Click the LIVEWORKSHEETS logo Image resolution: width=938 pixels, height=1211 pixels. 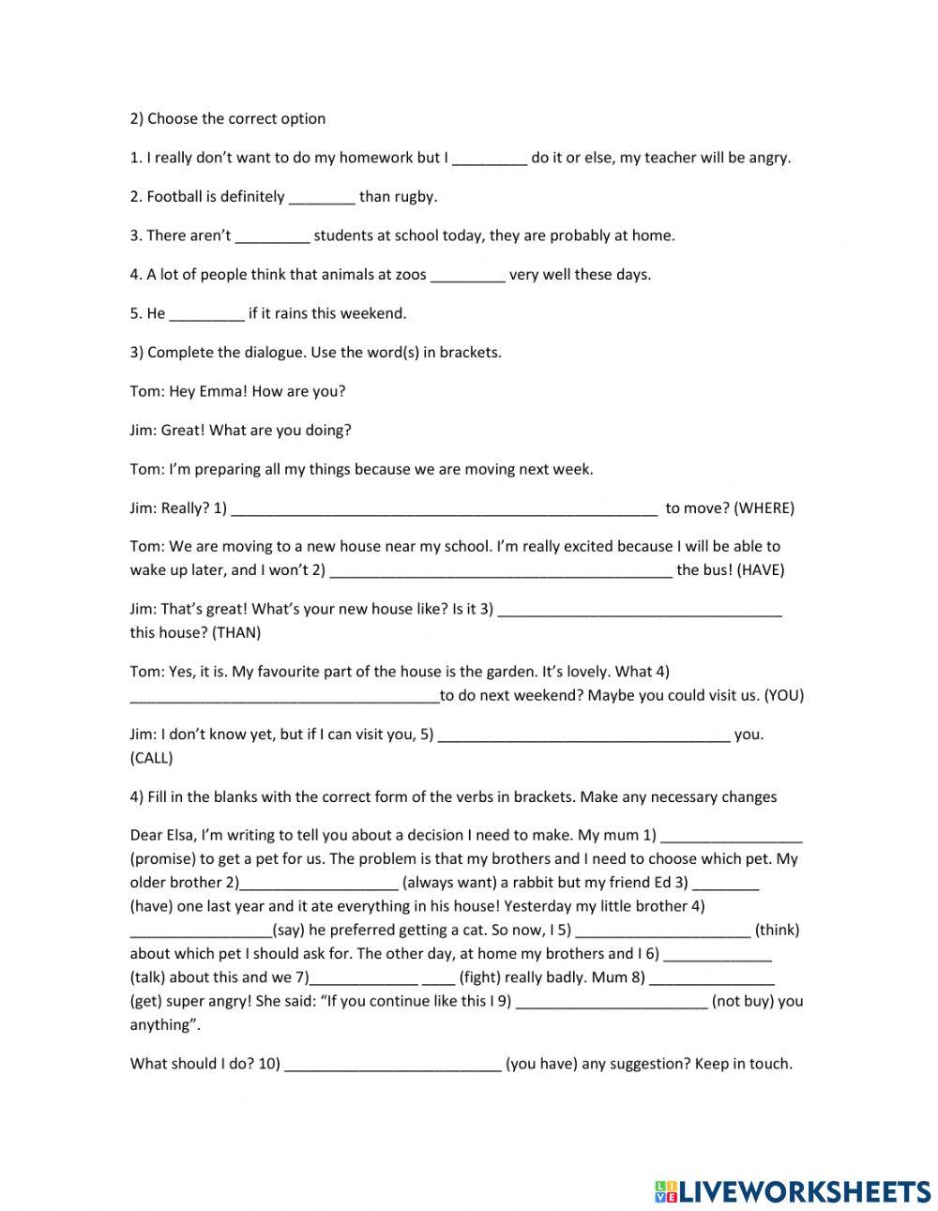[792, 1190]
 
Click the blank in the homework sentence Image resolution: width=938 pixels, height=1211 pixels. [490, 159]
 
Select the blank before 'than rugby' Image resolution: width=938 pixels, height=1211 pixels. [322, 198]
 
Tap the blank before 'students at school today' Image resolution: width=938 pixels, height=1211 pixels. [272, 236]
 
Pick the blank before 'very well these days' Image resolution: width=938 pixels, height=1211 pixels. [467, 276]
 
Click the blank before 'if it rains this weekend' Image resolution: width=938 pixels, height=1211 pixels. [206, 314]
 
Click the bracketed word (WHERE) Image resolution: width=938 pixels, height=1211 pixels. [764, 508]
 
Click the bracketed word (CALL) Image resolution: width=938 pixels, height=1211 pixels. [151, 758]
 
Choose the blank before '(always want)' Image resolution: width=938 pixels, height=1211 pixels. [319, 883]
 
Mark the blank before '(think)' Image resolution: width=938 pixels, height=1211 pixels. [662, 931]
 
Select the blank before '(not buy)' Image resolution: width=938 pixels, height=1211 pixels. [611, 1001]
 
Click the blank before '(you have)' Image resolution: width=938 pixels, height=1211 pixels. [392, 1065]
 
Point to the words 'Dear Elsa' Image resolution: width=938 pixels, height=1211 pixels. [162, 835]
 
